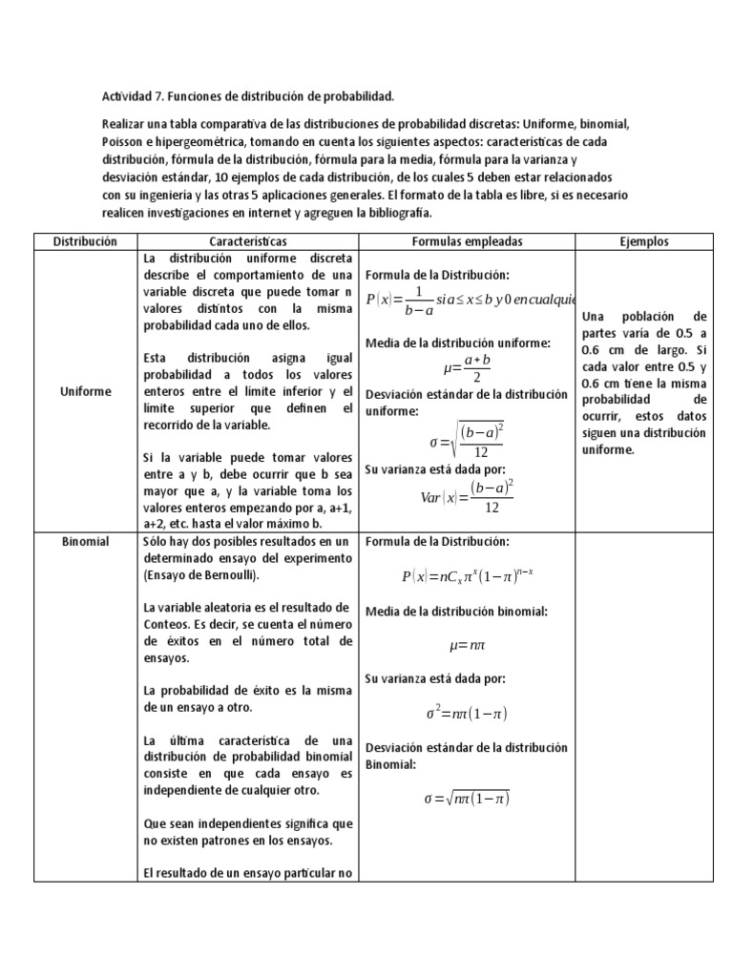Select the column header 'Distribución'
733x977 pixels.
click(85, 242)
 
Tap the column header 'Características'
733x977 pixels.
click(247, 242)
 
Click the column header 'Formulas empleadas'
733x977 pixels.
click(467, 242)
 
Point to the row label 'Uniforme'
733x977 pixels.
click(85, 391)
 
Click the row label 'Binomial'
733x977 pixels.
click(85, 542)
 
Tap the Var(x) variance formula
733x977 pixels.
click(467, 496)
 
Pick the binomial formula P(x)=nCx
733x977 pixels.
click(467, 576)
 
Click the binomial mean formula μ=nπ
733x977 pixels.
click(467, 646)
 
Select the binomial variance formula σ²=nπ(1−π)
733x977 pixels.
click(467, 713)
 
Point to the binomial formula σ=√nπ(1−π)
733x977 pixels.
click(467, 799)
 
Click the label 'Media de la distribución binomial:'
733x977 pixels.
click(456, 612)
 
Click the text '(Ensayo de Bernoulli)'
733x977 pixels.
click(201, 576)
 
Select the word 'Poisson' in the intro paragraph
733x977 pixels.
click(123, 142)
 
